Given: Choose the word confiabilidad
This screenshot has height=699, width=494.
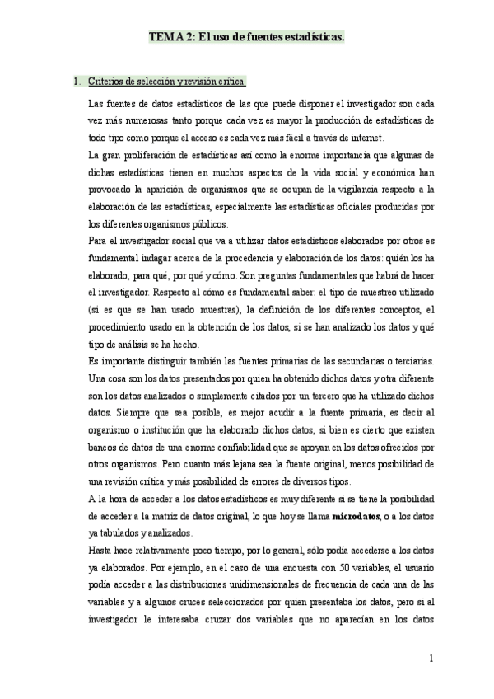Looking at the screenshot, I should (x=245, y=448).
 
